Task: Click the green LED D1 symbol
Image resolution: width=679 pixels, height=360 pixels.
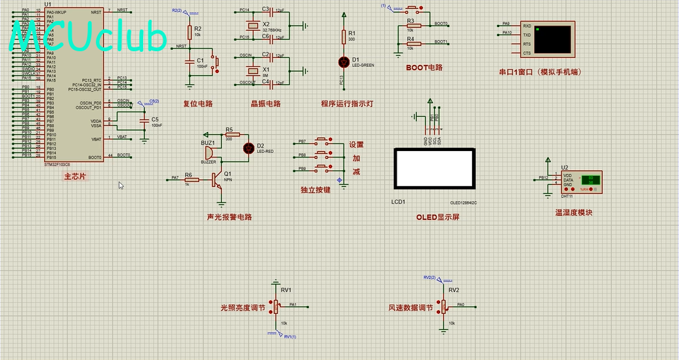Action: pyautogui.click(x=343, y=62)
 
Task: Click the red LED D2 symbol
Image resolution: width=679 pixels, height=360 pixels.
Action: pyautogui.click(x=249, y=148)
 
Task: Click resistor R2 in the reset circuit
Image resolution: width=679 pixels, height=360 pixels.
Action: pyautogui.click(x=190, y=32)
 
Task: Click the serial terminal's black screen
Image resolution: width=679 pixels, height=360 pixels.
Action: pyautogui.click(x=554, y=39)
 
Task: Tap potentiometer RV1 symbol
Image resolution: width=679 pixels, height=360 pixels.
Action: pyautogui.click(x=275, y=305)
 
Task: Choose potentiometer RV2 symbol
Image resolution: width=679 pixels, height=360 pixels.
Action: pyautogui.click(x=443, y=305)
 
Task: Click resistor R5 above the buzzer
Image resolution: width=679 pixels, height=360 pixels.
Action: pyautogui.click(x=229, y=135)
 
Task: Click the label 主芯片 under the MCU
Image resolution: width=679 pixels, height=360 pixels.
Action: pyautogui.click(x=74, y=176)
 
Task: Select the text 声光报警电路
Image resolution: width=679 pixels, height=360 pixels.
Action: pyautogui.click(x=229, y=217)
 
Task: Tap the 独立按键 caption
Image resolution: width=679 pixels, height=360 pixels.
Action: pyautogui.click(x=315, y=190)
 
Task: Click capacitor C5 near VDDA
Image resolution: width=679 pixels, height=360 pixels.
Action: pyautogui.click(x=144, y=122)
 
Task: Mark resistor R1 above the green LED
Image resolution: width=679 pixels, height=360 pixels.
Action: pyautogui.click(x=343, y=36)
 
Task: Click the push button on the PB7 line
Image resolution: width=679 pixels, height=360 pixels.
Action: pyautogui.click(x=322, y=141)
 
